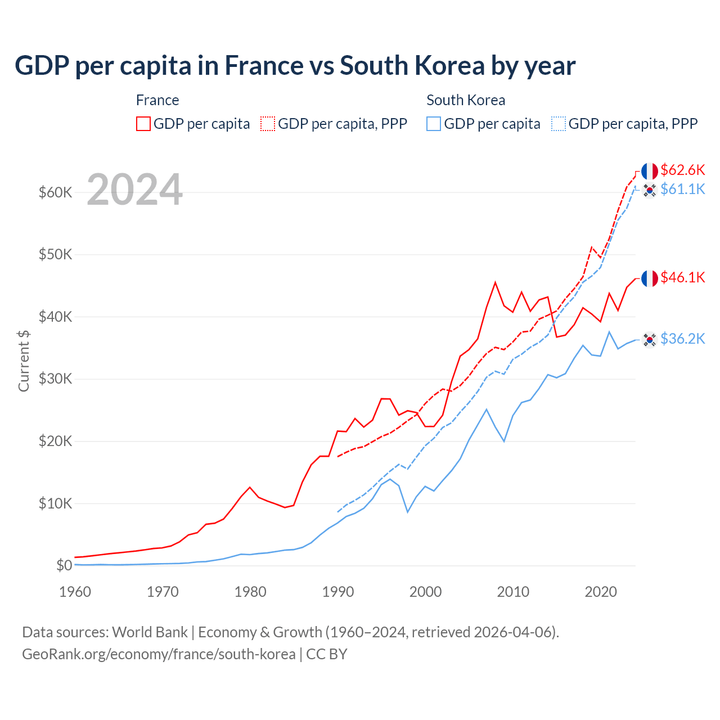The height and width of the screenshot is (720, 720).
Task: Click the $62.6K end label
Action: [x=682, y=170]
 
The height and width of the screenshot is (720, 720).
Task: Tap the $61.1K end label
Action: [x=682, y=189]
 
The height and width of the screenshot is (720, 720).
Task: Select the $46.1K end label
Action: [x=682, y=277]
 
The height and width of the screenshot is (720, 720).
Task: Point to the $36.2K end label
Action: [x=682, y=339]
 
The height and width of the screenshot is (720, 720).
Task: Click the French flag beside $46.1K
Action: [x=650, y=278]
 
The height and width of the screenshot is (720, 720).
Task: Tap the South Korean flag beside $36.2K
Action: [x=650, y=339]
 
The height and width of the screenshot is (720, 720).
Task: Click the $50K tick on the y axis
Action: [x=55, y=254]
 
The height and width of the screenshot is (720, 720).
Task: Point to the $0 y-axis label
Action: [x=64, y=565]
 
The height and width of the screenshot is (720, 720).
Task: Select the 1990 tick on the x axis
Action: [x=338, y=592]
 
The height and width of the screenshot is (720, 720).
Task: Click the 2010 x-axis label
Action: [x=513, y=592]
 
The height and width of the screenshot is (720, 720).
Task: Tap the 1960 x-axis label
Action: [x=75, y=592]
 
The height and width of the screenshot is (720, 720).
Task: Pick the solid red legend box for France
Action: [x=143, y=124]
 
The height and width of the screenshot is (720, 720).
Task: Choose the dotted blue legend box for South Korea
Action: [x=559, y=124]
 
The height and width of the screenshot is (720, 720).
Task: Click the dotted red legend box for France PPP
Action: [x=268, y=124]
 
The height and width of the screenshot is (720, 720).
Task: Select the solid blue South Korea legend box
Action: [x=434, y=124]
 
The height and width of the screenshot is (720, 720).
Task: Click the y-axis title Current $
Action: [x=24, y=361]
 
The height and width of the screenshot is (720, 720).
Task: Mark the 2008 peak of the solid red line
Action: [x=495, y=282]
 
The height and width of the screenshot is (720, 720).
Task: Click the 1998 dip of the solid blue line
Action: [x=408, y=512]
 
